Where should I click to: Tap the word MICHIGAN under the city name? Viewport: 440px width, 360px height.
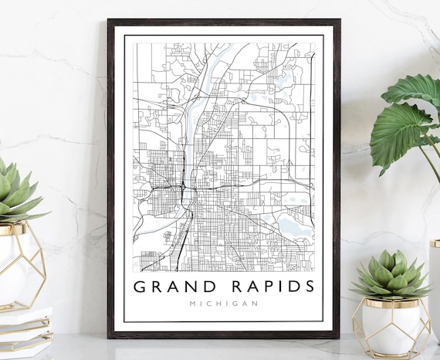pyautogui.click(x=224, y=304)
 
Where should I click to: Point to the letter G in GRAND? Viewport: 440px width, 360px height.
pyautogui.click(x=140, y=287)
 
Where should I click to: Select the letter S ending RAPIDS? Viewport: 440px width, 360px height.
pyautogui.click(x=309, y=287)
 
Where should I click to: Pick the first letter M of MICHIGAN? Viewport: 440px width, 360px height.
pyautogui.click(x=192, y=304)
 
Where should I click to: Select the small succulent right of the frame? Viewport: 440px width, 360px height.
pyautogui.click(x=390, y=274)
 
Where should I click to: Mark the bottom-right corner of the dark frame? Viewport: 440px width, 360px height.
pyautogui.click(x=337, y=336)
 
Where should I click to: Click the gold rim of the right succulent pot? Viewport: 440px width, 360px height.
pyautogui.click(x=390, y=301)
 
